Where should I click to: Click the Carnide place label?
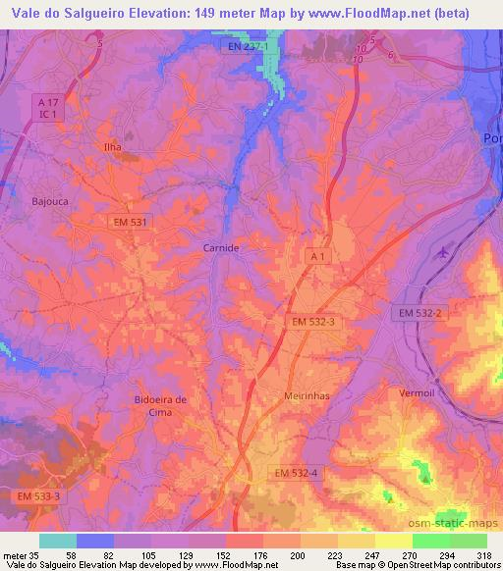click(x=220, y=248)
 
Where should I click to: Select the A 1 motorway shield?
click(x=316, y=256)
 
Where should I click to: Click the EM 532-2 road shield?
click(x=422, y=312)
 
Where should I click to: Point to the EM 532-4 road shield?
click(x=296, y=473)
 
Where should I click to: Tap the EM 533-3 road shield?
click(x=38, y=496)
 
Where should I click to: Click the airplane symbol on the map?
click(x=441, y=252)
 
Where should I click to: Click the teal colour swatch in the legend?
click(x=58, y=540)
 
